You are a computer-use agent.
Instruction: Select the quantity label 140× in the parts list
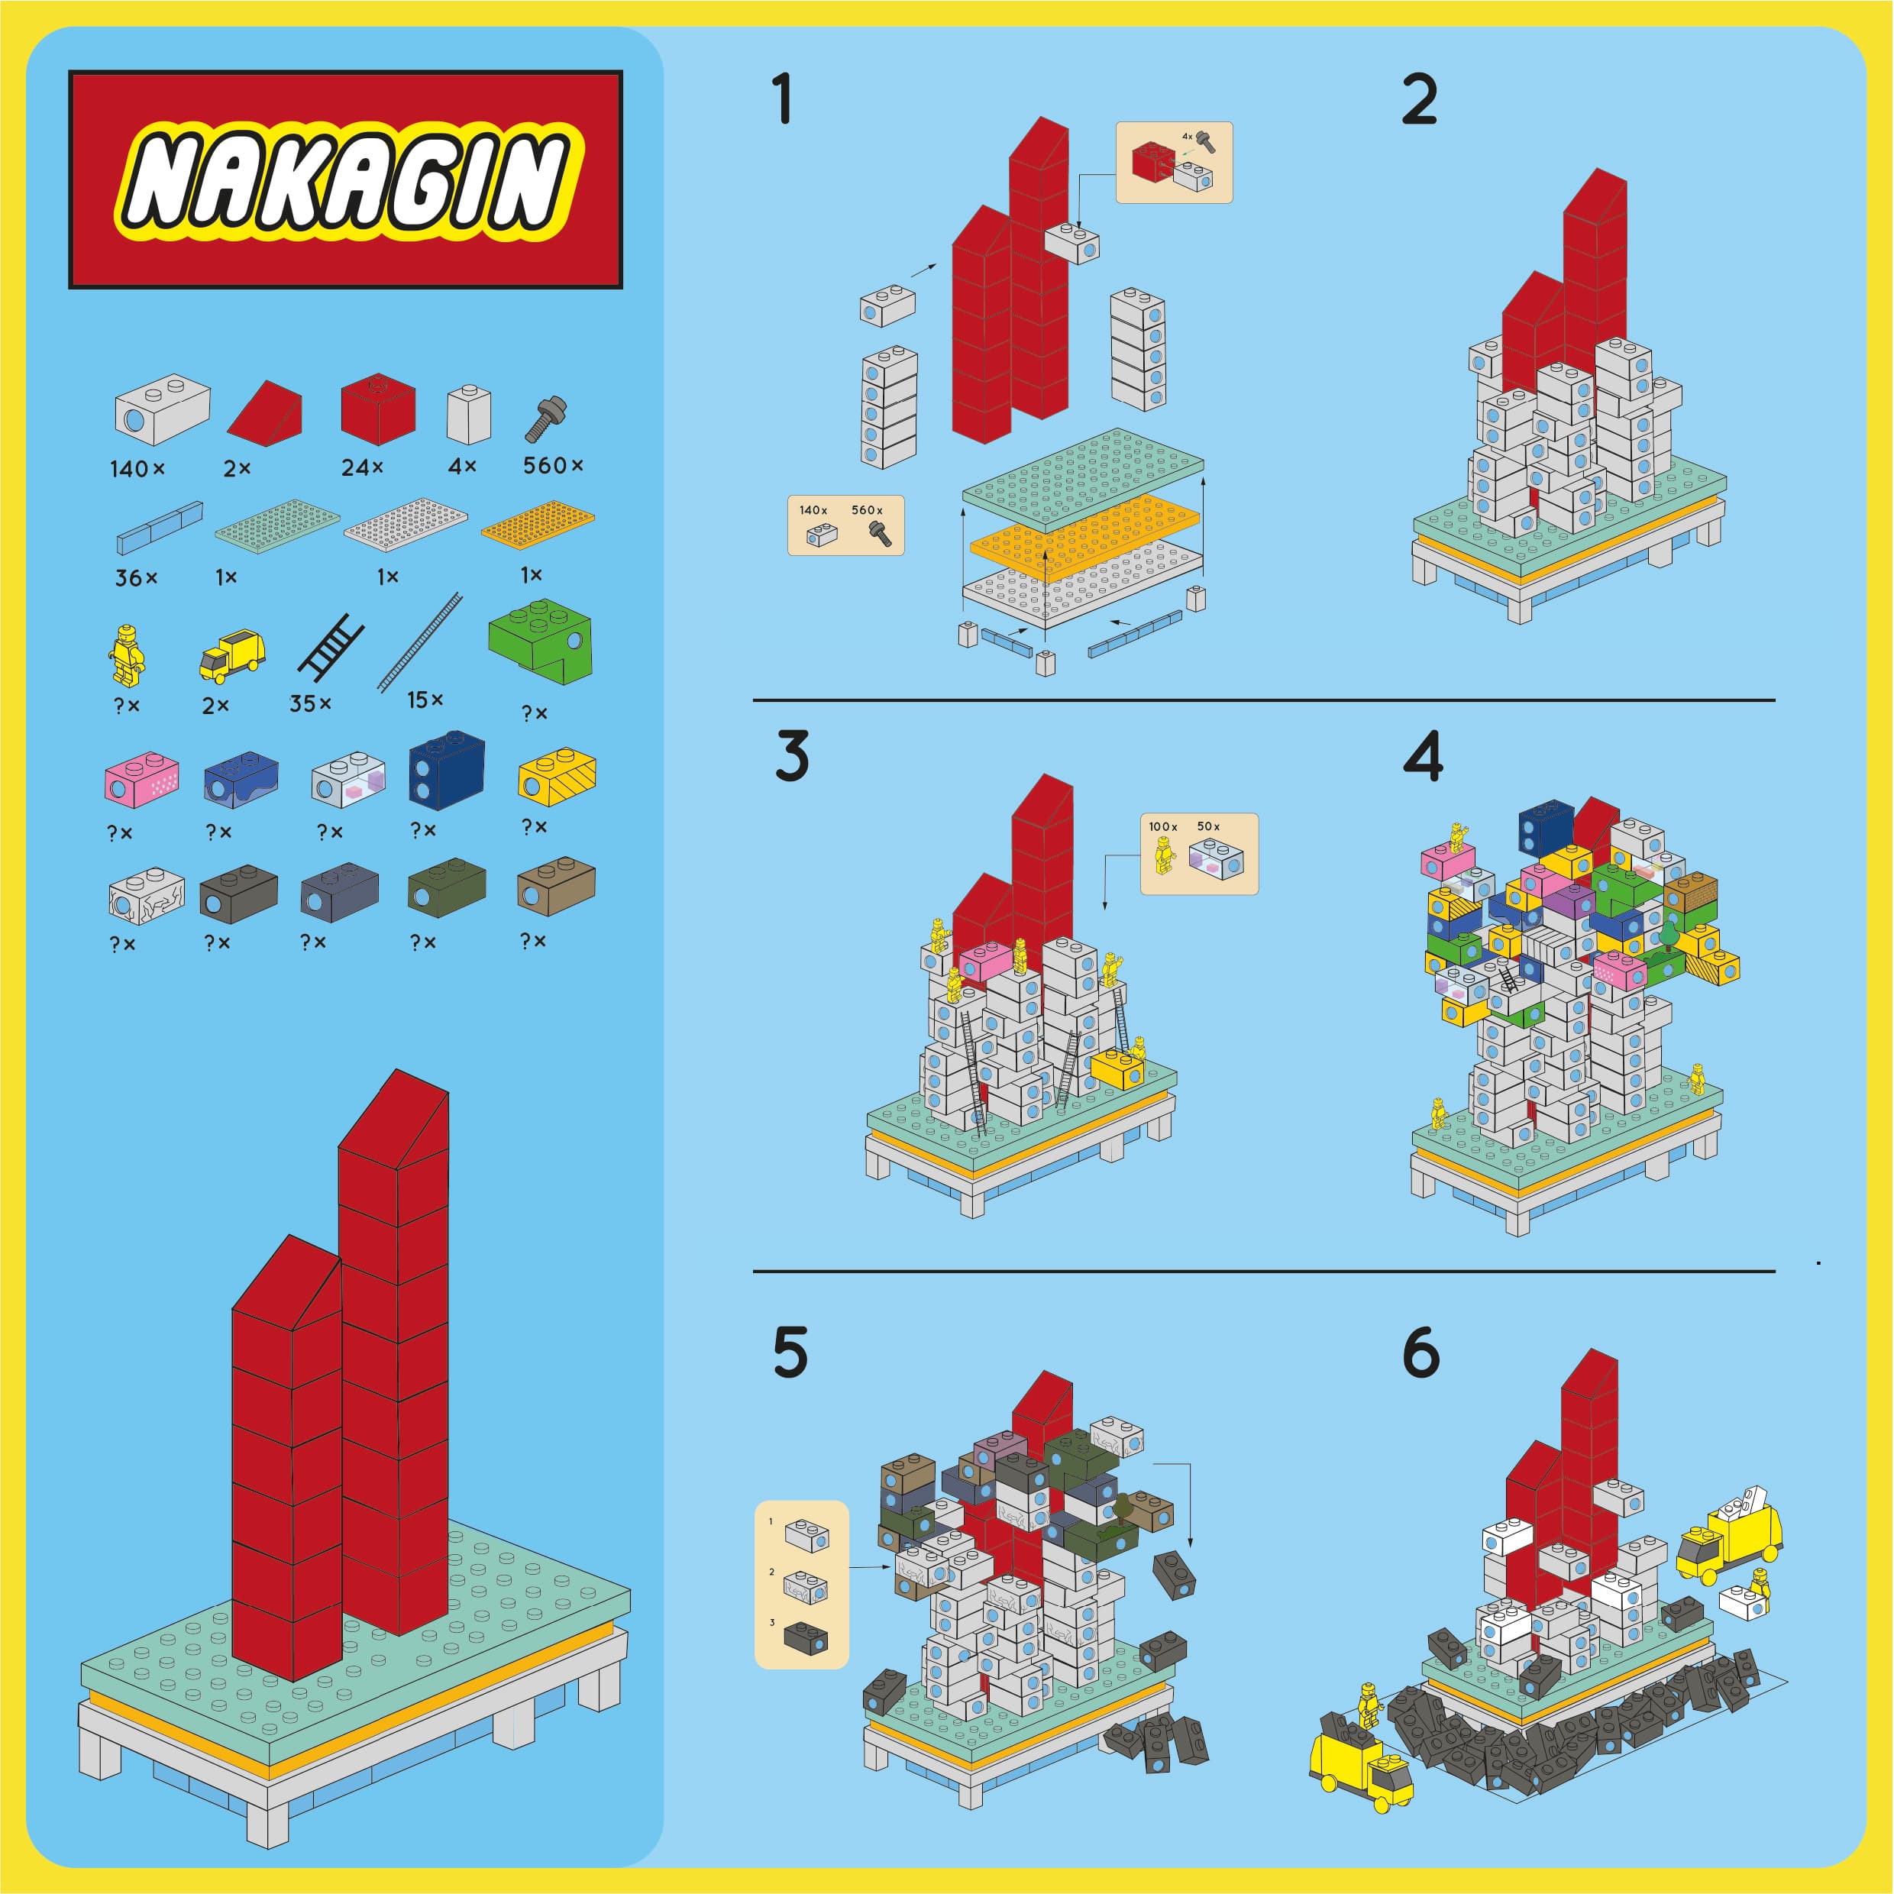coord(137,470)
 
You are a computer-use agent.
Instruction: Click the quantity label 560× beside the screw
coord(553,466)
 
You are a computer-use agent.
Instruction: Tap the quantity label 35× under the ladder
coord(311,704)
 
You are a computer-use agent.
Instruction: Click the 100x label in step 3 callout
coord(1162,826)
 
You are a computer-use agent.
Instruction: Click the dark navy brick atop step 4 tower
coord(1546,829)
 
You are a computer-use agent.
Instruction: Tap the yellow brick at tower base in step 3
coord(1117,1069)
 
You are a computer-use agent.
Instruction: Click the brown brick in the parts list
coord(556,886)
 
